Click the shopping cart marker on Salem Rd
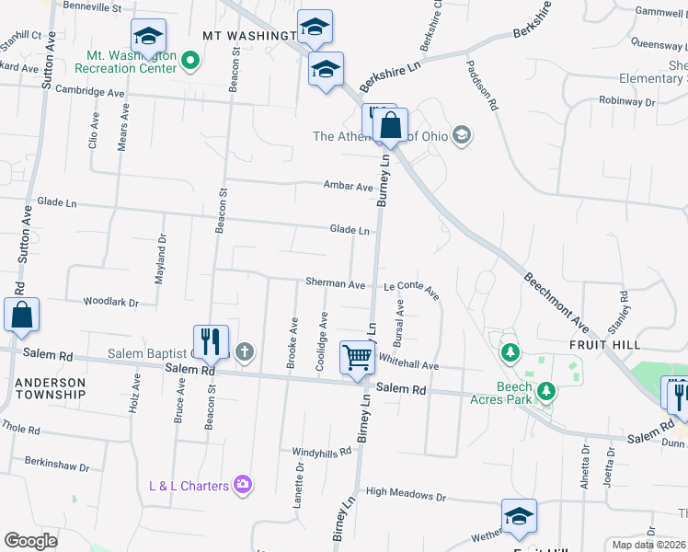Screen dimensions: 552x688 [357, 356]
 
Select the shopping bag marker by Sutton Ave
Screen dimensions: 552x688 [22, 315]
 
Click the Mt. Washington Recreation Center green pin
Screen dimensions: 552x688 [190, 62]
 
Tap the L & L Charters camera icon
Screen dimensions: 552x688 [243, 485]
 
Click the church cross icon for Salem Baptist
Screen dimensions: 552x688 [244, 351]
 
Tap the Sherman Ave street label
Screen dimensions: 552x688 [335, 285]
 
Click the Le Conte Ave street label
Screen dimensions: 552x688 [411, 288]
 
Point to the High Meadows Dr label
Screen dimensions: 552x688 [405, 495]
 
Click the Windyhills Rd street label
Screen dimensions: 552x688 [322, 452]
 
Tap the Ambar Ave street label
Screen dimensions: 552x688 [348, 186]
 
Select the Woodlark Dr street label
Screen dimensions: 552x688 [110, 302]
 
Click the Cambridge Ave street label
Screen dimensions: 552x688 [89, 92]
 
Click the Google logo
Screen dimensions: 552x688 [30, 541]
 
